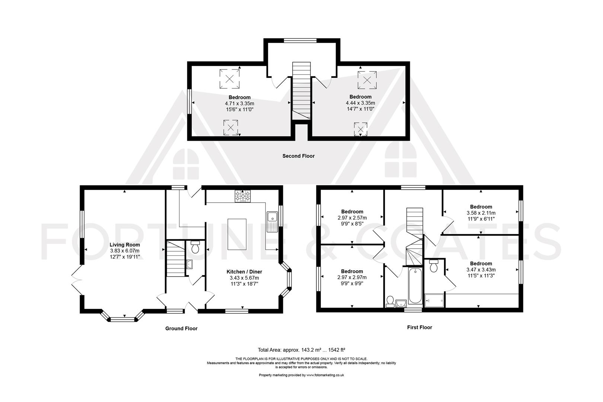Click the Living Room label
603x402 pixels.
125,245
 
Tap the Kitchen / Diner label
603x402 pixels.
244,272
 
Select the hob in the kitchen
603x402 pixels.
243,196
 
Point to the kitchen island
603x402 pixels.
237,234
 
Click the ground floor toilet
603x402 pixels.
195,247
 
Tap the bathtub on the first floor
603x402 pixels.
415,286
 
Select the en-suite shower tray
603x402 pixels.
434,300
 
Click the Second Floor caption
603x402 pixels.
298,156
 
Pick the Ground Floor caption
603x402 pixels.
181,329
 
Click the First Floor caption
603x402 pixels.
419,328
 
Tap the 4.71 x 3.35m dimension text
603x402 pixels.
240,103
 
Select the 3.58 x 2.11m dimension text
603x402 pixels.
481,213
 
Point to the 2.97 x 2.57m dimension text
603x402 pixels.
352,218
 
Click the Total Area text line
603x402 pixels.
301,350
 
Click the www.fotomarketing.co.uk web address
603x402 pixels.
325,375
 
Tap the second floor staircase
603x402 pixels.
301,91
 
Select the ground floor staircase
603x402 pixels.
175,259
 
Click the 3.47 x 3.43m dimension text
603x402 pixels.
481,269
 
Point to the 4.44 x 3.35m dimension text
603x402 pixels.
360,103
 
